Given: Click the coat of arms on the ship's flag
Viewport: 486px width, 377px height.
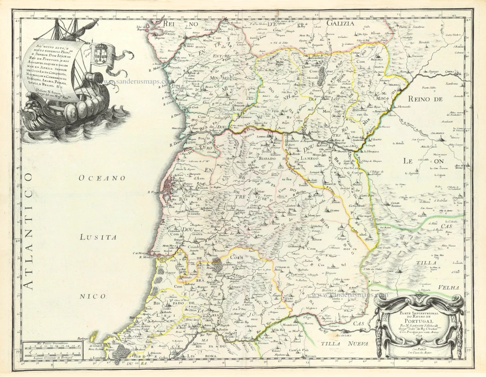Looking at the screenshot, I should point(102,51).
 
